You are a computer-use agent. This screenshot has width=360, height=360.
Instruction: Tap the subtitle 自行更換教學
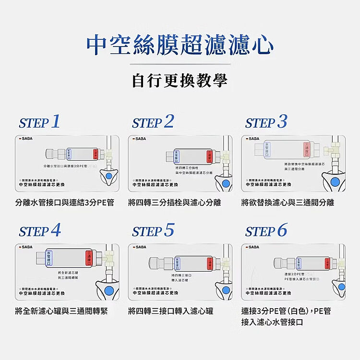click(180, 80)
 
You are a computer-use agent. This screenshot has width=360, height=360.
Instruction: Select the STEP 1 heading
click(40, 122)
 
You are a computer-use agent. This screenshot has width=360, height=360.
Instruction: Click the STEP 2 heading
click(153, 122)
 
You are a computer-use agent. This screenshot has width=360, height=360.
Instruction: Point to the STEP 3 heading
click(266, 122)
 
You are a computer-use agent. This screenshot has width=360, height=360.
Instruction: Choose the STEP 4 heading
click(40, 230)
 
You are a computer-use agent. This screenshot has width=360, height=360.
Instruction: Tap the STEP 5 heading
click(153, 230)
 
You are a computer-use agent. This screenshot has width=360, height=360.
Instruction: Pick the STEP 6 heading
click(266, 230)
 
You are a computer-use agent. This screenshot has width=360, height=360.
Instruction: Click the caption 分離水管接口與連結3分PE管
click(65, 203)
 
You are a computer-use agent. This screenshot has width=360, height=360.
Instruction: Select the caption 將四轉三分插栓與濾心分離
click(174, 203)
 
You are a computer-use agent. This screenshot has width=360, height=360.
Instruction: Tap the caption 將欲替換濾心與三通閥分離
click(288, 203)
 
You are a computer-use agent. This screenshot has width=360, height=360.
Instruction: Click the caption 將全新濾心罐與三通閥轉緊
click(61, 311)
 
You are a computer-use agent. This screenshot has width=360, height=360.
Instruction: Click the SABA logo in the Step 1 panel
click(25, 139)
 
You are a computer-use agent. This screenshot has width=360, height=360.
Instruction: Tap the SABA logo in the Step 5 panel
click(139, 247)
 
